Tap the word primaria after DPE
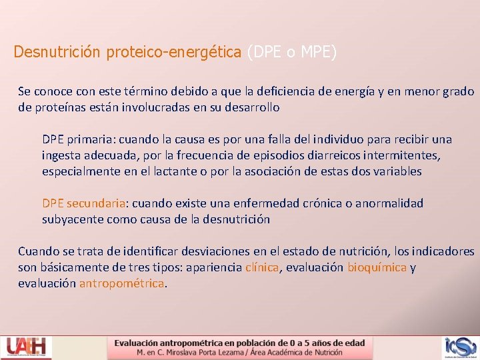87,139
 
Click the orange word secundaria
97,203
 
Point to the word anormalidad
385,203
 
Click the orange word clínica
263,267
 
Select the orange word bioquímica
377,267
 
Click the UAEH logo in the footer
27,347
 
